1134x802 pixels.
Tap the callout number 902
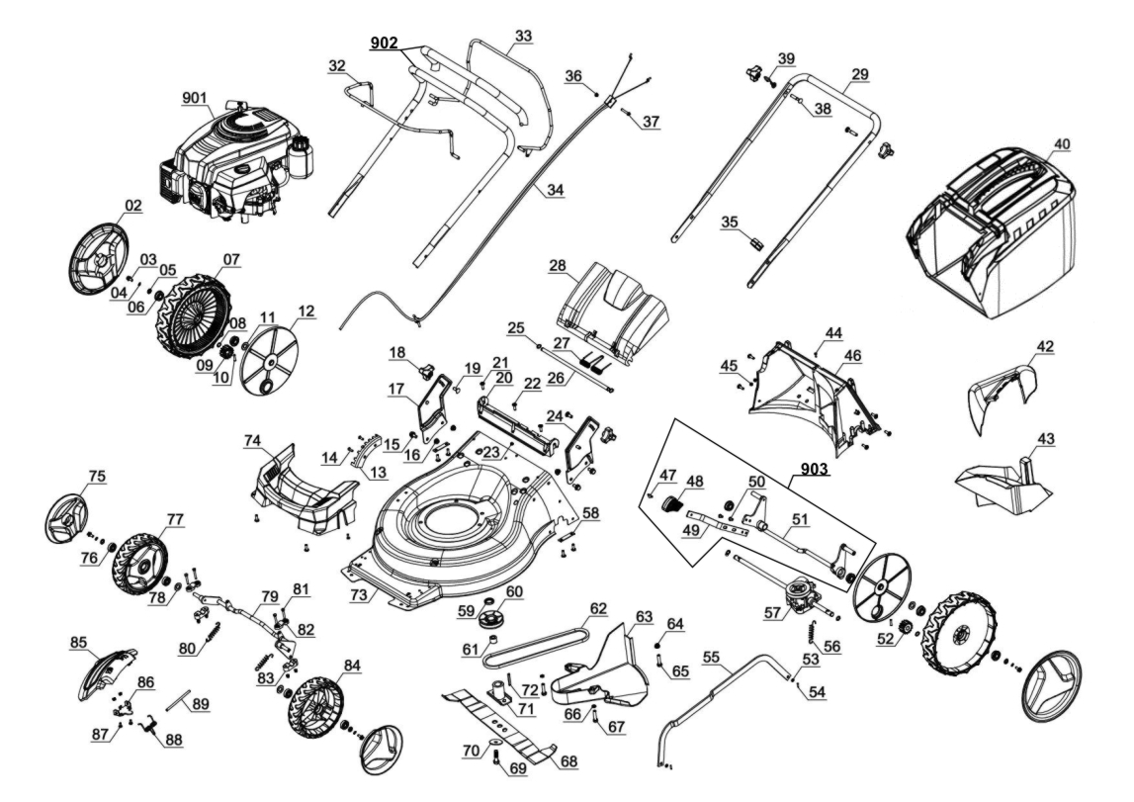385,44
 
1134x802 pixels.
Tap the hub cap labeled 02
101,255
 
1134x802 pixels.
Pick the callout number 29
858,75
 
